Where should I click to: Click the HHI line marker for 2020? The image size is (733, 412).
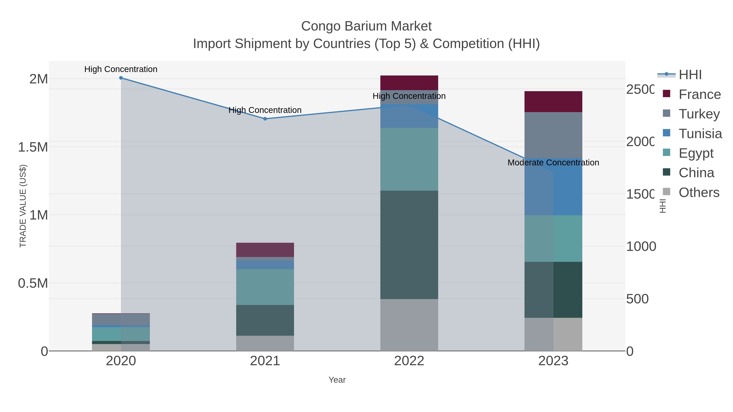coord(121,78)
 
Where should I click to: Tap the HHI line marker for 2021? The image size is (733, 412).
coord(265,119)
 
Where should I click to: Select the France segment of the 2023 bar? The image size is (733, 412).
coord(553,102)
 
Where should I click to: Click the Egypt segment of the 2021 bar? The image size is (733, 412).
coord(265,287)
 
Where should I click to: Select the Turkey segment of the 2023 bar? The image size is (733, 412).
coord(553,135)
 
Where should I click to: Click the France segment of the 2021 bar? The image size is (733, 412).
coord(265,250)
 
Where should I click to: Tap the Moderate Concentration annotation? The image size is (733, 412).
coord(553,163)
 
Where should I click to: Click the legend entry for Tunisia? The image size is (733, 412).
coord(700,134)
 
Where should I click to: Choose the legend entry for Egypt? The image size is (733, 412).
coord(696,153)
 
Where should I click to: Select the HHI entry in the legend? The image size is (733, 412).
coord(690,75)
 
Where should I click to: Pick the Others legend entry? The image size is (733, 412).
coord(699,192)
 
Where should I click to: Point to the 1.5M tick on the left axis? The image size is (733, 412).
coord(33,147)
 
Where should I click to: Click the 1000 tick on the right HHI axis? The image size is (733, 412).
coord(641,247)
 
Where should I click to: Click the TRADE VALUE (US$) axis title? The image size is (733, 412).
coord(23,206)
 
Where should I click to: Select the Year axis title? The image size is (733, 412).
coord(337,380)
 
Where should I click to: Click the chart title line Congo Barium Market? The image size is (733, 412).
coord(366,26)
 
